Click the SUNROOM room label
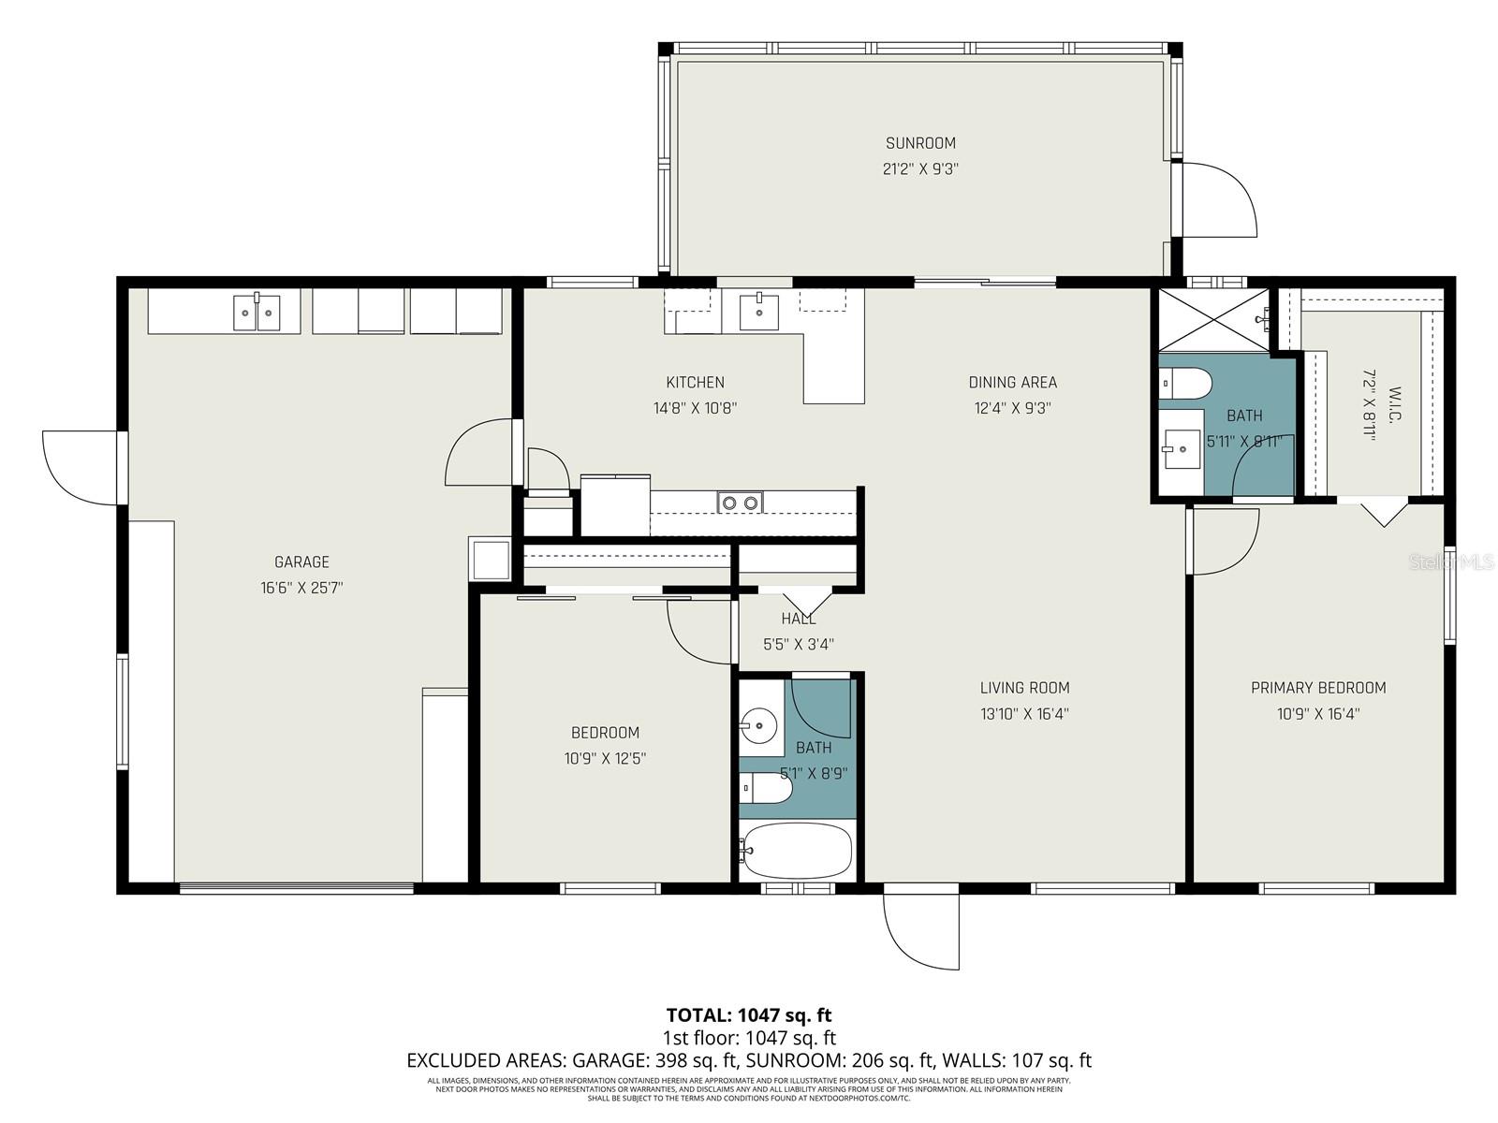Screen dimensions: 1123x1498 (x=920, y=143)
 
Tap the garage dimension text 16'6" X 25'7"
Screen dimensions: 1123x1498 (x=301, y=588)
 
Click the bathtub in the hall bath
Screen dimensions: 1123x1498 (x=797, y=851)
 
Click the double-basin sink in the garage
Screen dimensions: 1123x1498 (x=257, y=311)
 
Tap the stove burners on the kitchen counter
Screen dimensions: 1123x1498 (x=740, y=503)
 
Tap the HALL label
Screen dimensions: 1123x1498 (x=798, y=619)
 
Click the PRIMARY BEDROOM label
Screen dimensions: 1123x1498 (x=1317, y=688)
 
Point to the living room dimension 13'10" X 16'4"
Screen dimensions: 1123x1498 (x=1024, y=714)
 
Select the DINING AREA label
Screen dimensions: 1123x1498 (x=1012, y=382)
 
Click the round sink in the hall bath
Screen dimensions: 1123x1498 (x=758, y=723)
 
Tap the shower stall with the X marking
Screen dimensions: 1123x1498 (x=1214, y=319)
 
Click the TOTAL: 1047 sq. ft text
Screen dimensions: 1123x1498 (x=748, y=1014)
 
